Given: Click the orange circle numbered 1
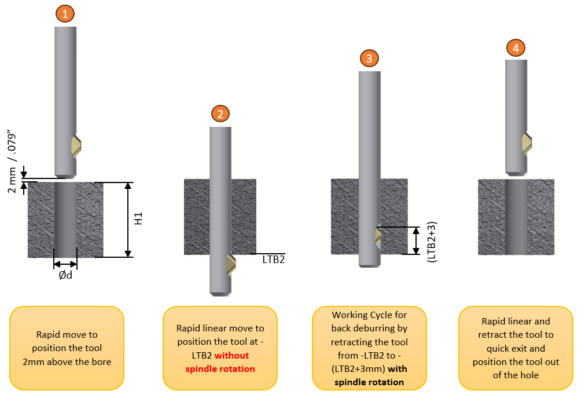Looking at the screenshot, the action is point(65,13).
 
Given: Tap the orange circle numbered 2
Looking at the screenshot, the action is point(220,114).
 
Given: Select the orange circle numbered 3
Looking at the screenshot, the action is point(369,58).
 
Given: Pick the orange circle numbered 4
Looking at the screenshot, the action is point(516,48).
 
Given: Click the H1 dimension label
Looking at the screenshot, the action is point(138,218).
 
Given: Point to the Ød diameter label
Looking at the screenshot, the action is point(65,275).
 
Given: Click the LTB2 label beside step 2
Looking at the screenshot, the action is point(274,260).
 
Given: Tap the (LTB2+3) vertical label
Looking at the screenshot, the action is point(432,242).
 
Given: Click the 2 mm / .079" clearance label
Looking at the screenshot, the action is point(12,162).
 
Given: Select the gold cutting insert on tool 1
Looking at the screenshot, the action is point(76,146).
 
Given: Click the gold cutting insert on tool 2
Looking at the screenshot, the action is point(231,264).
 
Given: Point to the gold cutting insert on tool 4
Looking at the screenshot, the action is point(527,143).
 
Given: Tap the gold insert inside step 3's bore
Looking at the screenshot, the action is point(378,236).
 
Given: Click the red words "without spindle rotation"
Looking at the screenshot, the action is point(220,362).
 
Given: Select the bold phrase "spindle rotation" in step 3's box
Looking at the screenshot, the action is point(369,382).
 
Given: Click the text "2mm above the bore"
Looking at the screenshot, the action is point(67,362).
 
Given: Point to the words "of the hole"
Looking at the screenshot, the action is point(516,375).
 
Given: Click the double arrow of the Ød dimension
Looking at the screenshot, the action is point(65,265).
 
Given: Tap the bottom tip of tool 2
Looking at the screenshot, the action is point(220,295).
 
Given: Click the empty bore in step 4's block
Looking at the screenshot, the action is point(516,217).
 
